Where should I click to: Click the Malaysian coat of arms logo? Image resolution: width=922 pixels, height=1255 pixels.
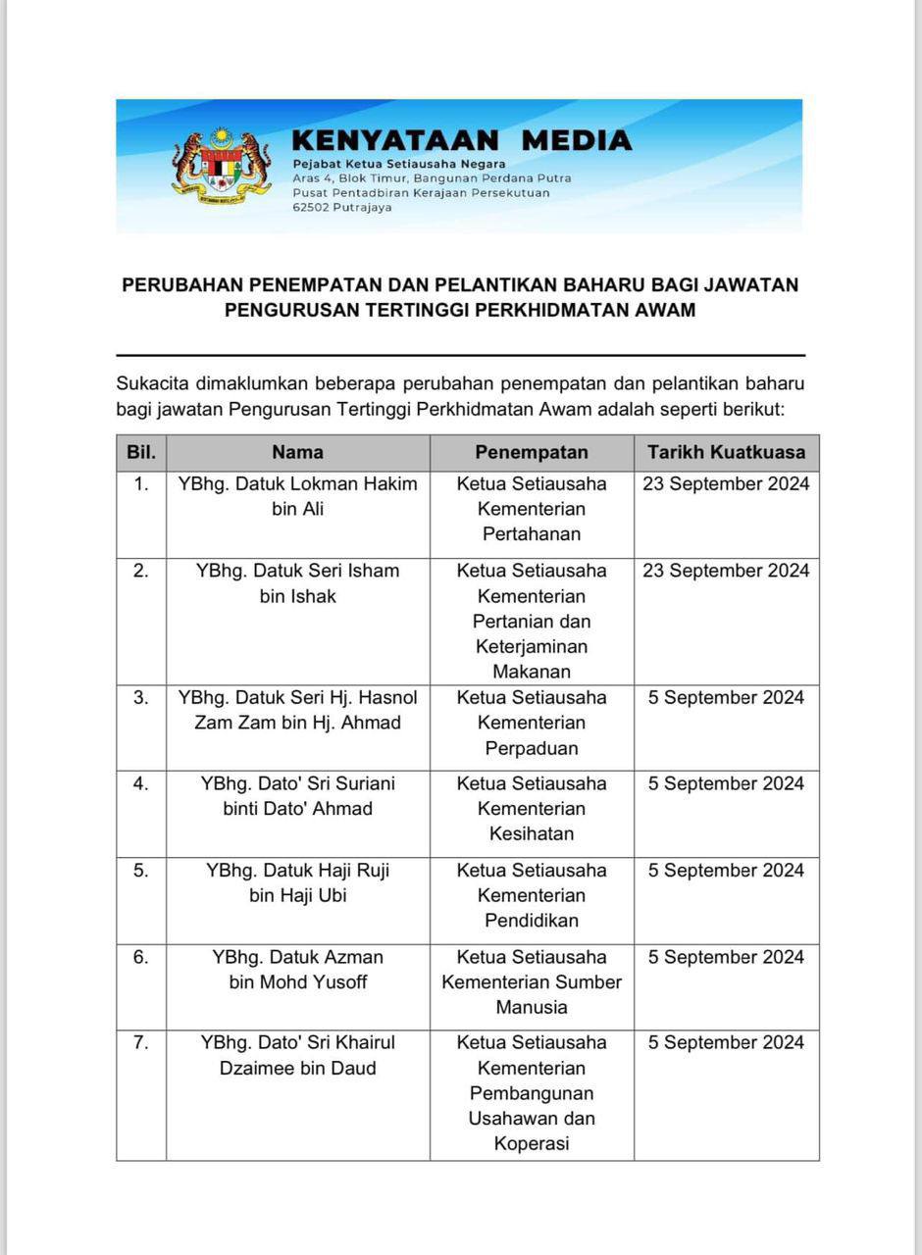tap(222, 167)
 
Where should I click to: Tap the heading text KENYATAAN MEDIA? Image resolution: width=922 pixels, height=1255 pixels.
tap(462, 140)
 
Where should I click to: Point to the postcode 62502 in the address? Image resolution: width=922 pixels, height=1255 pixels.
tap(314, 207)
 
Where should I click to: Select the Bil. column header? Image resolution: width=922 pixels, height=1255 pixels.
tap(141, 452)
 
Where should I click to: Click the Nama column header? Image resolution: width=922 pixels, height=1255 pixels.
tap(297, 452)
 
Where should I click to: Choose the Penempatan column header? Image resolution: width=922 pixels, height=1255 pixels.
tap(532, 452)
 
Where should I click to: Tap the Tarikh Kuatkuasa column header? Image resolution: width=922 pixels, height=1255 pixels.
tap(726, 452)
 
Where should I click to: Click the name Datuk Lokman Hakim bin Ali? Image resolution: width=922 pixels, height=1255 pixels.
tap(297, 496)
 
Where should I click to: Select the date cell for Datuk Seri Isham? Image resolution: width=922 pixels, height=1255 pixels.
tap(726, 571)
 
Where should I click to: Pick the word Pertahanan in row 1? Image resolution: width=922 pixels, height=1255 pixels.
tap(532, 534)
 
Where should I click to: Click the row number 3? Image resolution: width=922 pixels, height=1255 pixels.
tap(141, 698)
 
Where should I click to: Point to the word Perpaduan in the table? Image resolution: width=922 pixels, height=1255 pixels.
tap(532, 749)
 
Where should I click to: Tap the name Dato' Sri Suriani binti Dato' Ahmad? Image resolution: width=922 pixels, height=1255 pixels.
tap(297, 796)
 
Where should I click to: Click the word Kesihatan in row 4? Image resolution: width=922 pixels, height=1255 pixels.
tap(532, 834)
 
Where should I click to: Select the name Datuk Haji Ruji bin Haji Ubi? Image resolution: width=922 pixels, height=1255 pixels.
tap(297, 882)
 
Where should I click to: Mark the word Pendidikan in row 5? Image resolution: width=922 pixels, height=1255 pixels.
tap(532, 921)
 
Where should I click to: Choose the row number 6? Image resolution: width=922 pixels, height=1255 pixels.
tap(141, 957)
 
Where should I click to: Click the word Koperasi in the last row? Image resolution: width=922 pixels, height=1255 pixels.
tap(532, 1144)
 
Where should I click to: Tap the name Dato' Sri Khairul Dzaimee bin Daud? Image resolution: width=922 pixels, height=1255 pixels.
tap(297, 1055)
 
